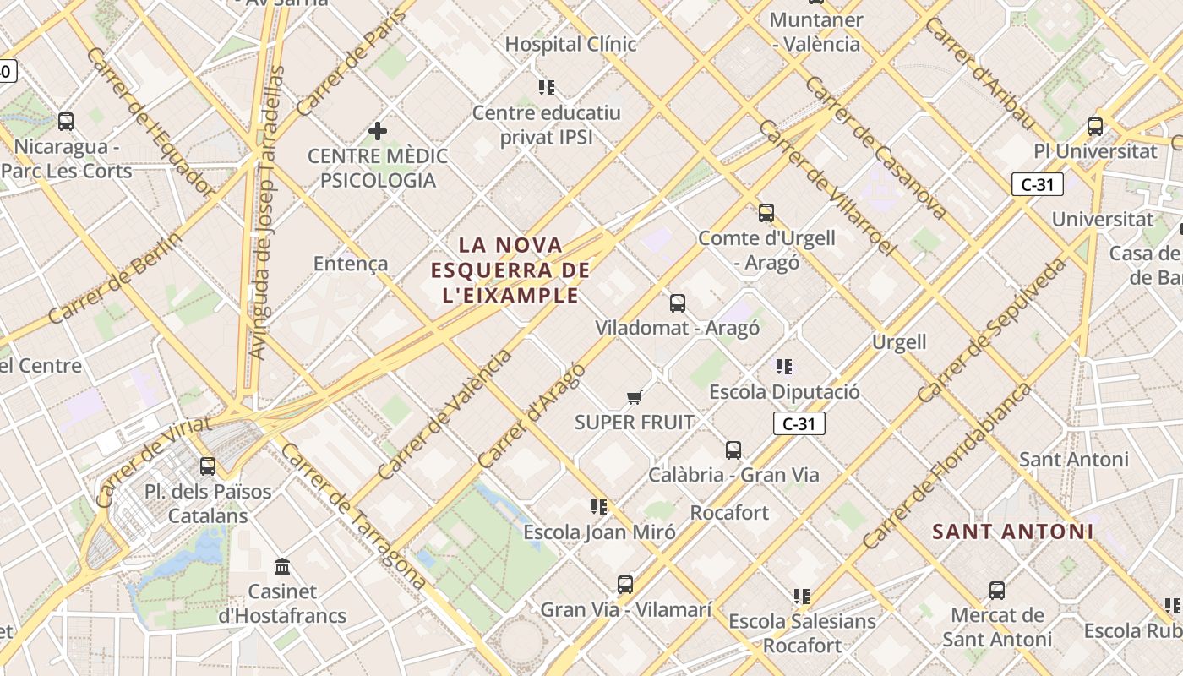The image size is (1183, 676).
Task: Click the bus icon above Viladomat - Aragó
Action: click(x=677, y=303)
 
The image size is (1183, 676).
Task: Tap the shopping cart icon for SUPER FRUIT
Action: click(x=635, y=397)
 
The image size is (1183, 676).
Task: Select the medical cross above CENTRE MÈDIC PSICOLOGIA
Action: click(x=378, y=131)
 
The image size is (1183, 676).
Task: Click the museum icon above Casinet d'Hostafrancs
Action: click(x=283, y=566)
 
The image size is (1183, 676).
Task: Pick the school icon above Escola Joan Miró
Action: click(x=599, y=507)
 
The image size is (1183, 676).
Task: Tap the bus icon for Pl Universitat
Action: click(x=1095, y=127)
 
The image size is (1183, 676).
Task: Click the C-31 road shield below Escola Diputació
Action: click(x=799, y=423)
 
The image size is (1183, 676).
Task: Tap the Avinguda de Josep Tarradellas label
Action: click(x=268, y=211)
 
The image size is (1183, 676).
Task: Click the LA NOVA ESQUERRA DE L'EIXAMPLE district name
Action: click(x=510, y=270)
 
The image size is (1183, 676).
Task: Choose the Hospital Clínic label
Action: click(x=570, y=44)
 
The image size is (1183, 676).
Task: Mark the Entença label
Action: click(x=351, y=264)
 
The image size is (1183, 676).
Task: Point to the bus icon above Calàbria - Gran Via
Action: click(x=733, y=450)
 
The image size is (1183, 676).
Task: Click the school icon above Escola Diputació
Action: click(x=784, y=367)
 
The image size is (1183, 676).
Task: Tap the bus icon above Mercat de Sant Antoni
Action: click(x=997, y=591)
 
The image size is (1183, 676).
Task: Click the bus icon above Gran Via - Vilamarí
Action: click(x=625, y=584)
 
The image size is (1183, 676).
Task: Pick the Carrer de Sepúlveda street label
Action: click(x=991, y=330)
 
